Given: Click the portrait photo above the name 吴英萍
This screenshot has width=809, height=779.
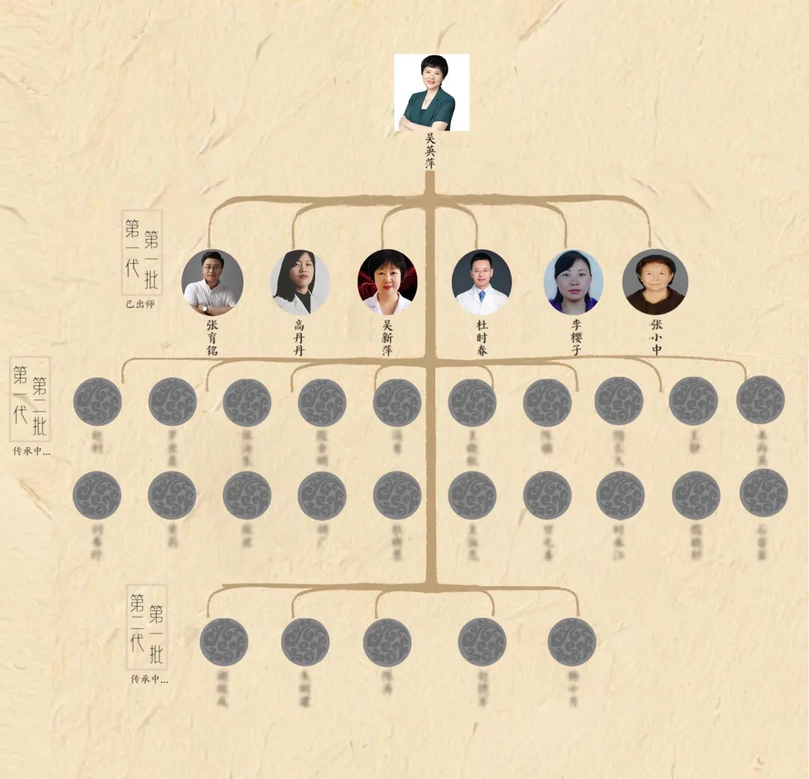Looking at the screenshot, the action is (x=431, y=92).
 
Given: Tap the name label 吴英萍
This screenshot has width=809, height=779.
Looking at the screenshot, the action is (x=430, y=150).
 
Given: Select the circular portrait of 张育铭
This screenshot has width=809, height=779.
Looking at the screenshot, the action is (x=212, y=283).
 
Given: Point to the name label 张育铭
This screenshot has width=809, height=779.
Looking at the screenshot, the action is (x=212, y=337).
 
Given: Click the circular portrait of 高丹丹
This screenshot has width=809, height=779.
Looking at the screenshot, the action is (x=300, y=283).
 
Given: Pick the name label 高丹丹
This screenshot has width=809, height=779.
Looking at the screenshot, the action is (x=300, y=337).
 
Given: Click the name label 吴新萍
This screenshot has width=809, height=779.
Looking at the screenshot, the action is (x=387, y=337).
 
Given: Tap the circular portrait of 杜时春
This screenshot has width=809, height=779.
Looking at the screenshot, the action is (x=482, y=283).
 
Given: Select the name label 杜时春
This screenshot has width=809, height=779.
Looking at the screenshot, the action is (x=482, y=337).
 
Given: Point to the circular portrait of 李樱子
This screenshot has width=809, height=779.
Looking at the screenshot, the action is (x=573, y=283).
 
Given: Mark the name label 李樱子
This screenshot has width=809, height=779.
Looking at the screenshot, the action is (x=575, y=337).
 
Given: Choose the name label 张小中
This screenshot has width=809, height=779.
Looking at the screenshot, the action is (x=656, y=337).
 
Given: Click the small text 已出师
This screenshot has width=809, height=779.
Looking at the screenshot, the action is (x=141, y=304).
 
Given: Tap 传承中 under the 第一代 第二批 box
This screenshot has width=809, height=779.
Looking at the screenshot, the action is (x=31, y=451).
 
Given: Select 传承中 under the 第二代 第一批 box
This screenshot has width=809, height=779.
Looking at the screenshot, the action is (x=149, y=679).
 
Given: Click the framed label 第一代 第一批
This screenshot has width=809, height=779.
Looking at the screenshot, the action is (x=142, y=251).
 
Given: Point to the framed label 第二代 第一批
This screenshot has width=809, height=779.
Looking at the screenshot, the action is (x=147, y=627).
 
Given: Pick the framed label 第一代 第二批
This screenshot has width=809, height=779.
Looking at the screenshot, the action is (x=30, y=398).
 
